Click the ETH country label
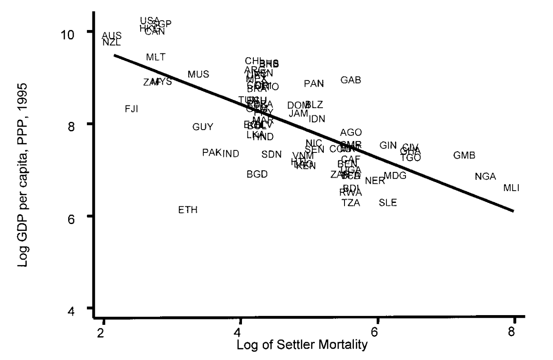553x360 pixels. tap(188, 210)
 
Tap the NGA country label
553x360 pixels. tap(485, 177)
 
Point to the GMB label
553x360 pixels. tap(464, 155)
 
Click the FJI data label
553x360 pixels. tap(131, 109)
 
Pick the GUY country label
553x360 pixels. tap(203, 127)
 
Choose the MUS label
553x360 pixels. tap(198, 75)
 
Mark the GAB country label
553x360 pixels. tap(351, 80)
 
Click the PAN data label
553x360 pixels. tap(314, 84)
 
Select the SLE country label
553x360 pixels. tap(388, 203)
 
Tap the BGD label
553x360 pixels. tap(257, 174)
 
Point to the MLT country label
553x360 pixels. tap(156, 57)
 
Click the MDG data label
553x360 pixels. tap(395, 175)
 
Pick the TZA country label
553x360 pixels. tap(351, 203)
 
